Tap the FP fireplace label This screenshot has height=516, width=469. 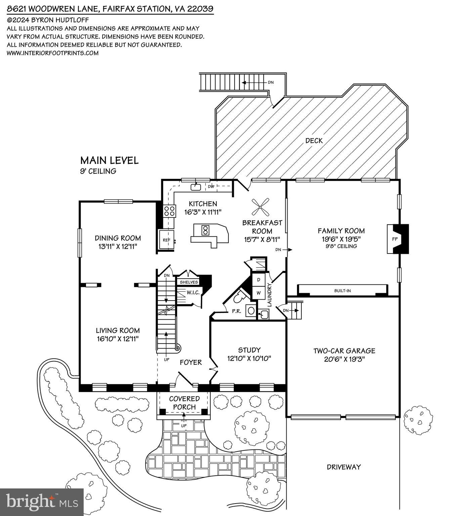[395, 239]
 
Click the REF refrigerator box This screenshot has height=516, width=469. [166, 240]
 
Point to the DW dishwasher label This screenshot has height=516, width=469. [211, 187]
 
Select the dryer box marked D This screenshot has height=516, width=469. [259, 280]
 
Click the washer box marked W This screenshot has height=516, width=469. [259, 293]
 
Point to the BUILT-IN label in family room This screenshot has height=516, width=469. [342, 290]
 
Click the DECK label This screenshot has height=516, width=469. [314, 141]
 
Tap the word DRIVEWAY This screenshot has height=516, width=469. [344, 467]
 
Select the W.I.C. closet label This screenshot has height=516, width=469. [193, 292]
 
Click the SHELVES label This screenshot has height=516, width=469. [189, 282]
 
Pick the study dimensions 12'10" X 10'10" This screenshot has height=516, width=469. [249, 358]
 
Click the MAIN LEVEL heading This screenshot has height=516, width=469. [109, 160]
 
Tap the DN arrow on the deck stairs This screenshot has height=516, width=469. [249, 82]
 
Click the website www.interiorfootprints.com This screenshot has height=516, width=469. [53, 53]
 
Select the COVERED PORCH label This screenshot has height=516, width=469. [184, 403]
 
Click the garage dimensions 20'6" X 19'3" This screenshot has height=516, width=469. [344, 359]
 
